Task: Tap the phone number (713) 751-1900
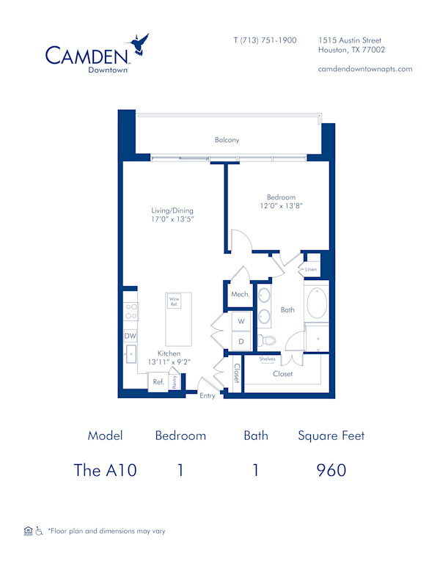click(x=265, y=40)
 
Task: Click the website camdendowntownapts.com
click(x=365, y=68)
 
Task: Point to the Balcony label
click(x=227, y=140)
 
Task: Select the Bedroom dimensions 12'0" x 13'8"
click(x=281, y=206)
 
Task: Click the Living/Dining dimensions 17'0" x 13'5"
click(x=173, y=219)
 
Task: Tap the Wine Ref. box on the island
click(x=175, y=301)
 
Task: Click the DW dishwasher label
click(x=130, y=336)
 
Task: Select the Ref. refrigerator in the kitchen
click(x=158, y=382)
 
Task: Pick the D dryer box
click(x=241, y=341)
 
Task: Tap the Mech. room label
click(x=241, y=294)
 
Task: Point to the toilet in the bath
click(x=266, y=340)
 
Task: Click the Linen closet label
click(x=312, y=270)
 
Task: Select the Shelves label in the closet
click(x=267, y=359)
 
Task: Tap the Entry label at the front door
click(x=208, y=396)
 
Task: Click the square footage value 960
click(x=331, y=470)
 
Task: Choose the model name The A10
click(x=105, y=470)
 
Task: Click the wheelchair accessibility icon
click(x=38, y=531)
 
